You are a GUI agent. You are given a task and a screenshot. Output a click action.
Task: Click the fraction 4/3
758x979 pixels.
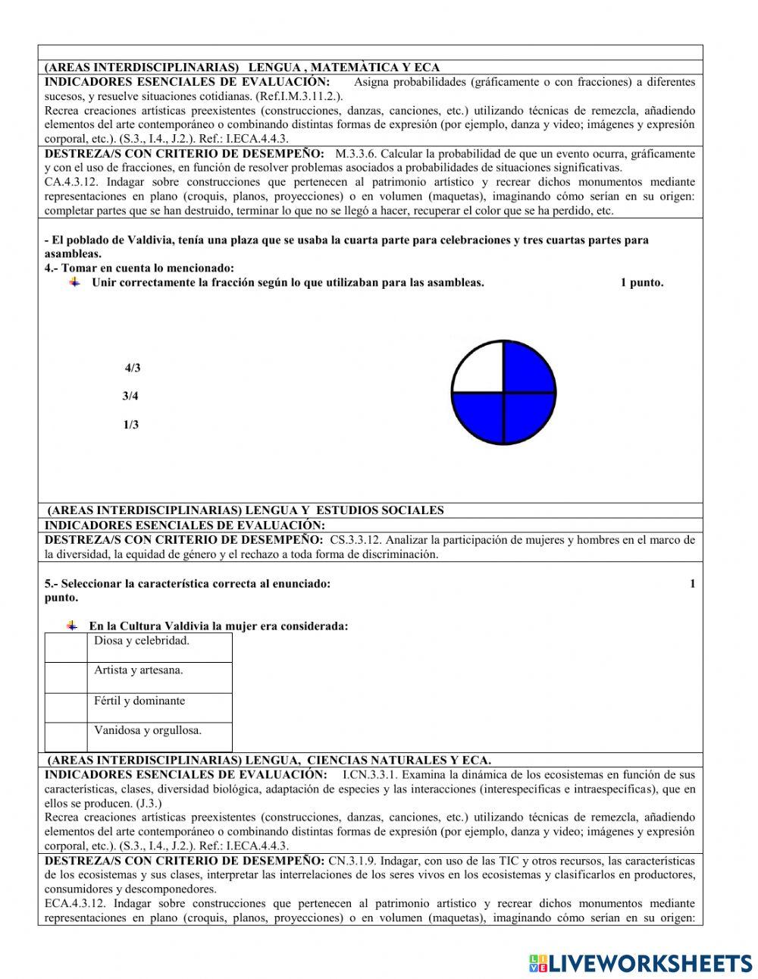[x=133, y=369]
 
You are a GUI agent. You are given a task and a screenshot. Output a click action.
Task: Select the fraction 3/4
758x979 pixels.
[x=130, y=396]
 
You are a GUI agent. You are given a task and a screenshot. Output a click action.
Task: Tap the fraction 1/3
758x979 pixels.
[x=130, y=425]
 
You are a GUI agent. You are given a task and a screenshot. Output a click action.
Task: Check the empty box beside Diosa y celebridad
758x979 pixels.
[x=66, y=648]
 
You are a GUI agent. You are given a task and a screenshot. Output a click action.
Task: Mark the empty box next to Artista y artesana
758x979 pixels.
[x=66, y=677]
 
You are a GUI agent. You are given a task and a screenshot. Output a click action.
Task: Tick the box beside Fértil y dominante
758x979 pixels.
[x=66, y=707]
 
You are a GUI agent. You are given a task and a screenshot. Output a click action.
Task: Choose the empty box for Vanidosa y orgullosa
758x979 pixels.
[x=66, y=736]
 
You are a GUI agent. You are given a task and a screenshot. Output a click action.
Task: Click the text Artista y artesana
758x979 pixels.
[x=139, y=670]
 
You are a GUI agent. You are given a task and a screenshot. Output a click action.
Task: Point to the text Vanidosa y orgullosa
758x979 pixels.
[x=148, y=730]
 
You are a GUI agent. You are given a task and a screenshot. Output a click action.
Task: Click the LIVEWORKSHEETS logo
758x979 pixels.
[x=641, y=963]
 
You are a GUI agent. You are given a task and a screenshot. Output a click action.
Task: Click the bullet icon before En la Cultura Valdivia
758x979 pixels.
[x=72, y=626]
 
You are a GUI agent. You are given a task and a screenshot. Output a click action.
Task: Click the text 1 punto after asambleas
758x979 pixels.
[x=641, y=283]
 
